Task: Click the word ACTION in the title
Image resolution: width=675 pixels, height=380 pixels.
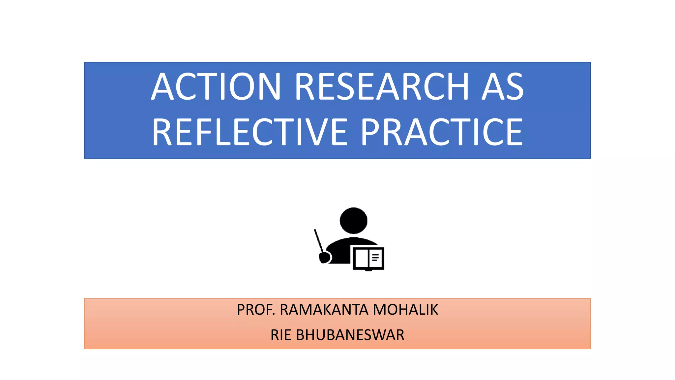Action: click(216, 86)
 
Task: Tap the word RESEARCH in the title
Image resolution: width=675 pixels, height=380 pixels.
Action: click(382, 86)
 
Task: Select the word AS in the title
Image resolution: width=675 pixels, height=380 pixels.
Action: click(502, 86)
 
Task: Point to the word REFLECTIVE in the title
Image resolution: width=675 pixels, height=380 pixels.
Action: click(249, 132)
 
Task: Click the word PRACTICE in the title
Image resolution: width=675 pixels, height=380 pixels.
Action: click(442, 132)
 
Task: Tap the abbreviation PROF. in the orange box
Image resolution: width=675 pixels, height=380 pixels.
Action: click(256, 310)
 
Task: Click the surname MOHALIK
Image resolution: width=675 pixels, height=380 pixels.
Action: click(405, 310)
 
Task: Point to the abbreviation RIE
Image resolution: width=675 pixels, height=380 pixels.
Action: click(280, 335)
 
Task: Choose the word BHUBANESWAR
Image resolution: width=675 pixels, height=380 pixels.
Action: click(350, 335)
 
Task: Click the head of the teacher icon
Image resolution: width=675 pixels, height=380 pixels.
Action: click(353, 220)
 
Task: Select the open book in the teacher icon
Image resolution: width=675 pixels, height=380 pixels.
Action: click(368, 258)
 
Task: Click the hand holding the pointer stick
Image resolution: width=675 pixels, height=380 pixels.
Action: click(325, 257)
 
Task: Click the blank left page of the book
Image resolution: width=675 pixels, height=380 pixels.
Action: click(361, 258)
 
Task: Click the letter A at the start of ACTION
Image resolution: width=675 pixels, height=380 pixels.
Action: click(162, 86)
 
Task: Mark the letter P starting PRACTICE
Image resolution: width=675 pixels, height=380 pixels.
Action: click(371, 132)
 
